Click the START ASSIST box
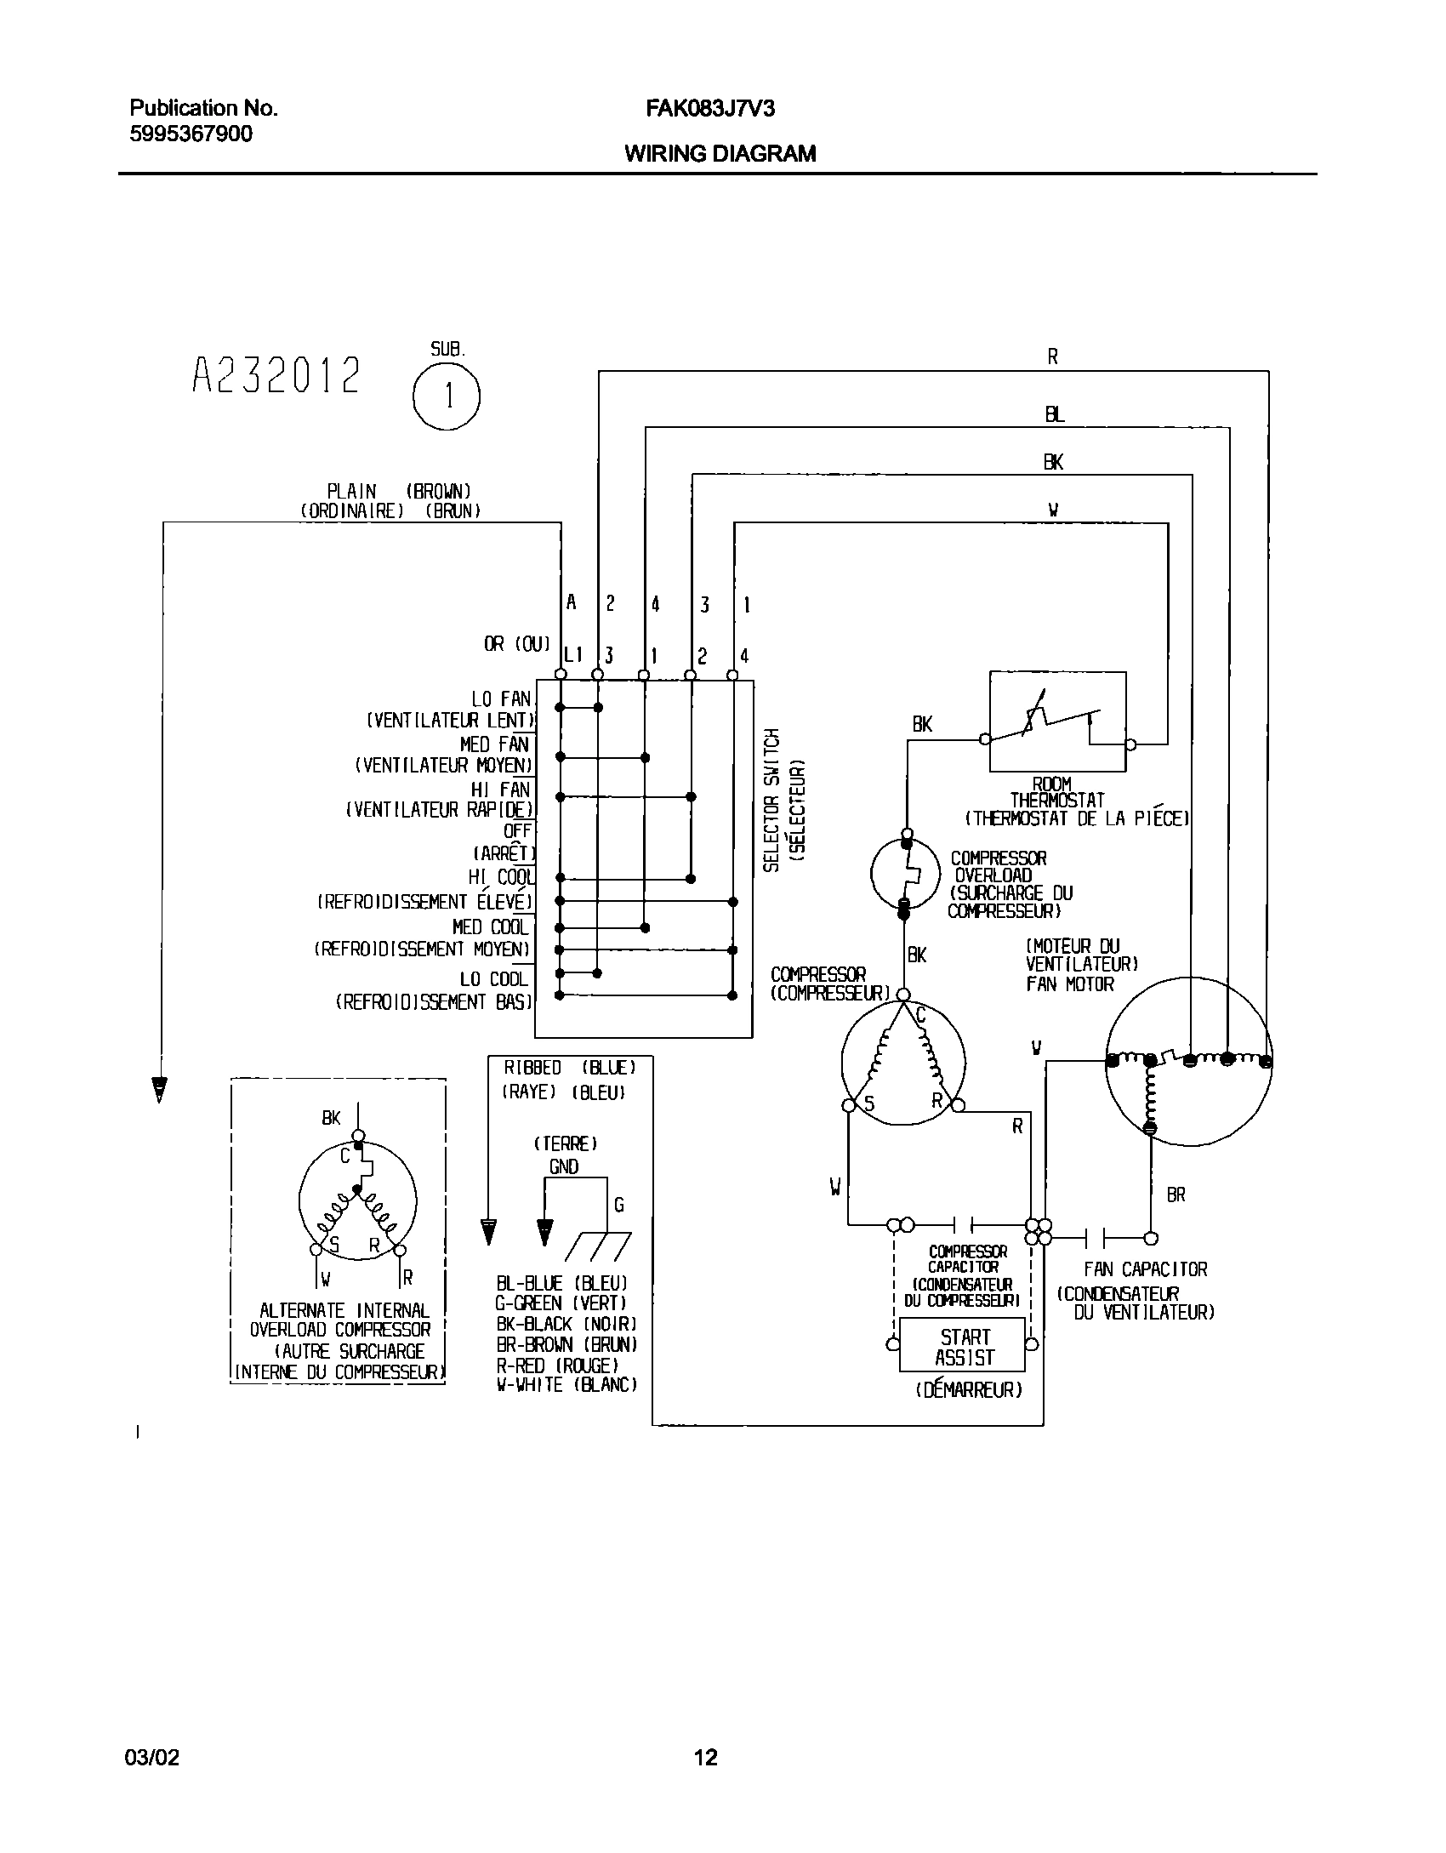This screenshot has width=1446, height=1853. pyautogui.click(x=964, y=1347)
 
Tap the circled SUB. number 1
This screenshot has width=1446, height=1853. pyautogui.click(x=447, y=396)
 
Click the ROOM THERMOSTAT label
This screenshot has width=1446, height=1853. pyautogui.click(x=1056, y=792)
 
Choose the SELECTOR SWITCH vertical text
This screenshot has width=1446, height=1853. pyautogui.click(x=771, y=800)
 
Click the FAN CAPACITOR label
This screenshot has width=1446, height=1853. pyautogui.click(x=1145, y=1269)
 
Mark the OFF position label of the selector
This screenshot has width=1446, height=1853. pyautogui.click(x=517, y=830)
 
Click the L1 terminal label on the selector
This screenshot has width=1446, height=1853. pyautogui.click(x=573, y=655)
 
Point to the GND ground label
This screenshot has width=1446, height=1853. pyautogui.click(x=564, y=1166)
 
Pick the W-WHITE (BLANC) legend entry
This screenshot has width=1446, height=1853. pyautogui.click(x=566, y=1385)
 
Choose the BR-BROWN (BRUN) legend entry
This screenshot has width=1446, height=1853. pyautogui.click(x=566, y=1344)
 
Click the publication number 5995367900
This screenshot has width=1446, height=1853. pyautogui.click(x=191, y=134)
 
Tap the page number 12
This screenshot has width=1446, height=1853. pyautogui.click(x=705, y=1756)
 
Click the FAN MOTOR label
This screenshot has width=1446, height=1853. pyautogui.click(x=1069, y=984)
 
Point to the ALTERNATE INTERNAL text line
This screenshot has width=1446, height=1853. pyautogui.click(x=344, y=1311)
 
